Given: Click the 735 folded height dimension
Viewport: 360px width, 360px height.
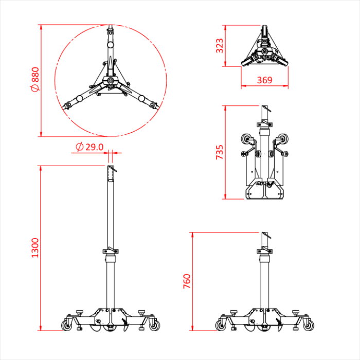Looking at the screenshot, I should click(x=220, y=152).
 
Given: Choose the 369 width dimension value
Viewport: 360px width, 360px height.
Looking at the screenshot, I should click(x=264, y=80).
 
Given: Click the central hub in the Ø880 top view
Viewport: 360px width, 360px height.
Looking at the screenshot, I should click(x=111, y=82).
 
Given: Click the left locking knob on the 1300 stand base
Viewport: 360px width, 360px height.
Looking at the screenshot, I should click(x=80, y=312).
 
